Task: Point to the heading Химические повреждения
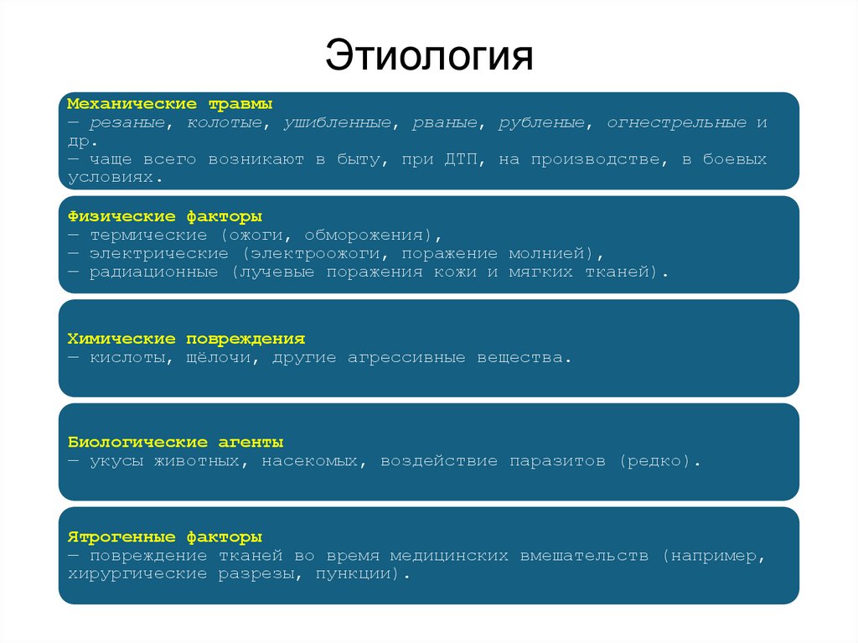[185, 339]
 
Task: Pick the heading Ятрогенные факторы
[164, 537]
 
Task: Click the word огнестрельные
[677, 123]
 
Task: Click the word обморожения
[372, 236]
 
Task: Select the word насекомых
[314, 461]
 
